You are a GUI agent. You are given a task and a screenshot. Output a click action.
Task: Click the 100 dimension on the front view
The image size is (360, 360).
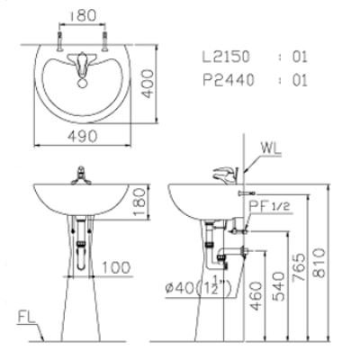pyautogui.click(x=114, y=267)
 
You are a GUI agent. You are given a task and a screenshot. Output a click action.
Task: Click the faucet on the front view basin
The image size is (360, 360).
pyautogui.click(x=84, y=175)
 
